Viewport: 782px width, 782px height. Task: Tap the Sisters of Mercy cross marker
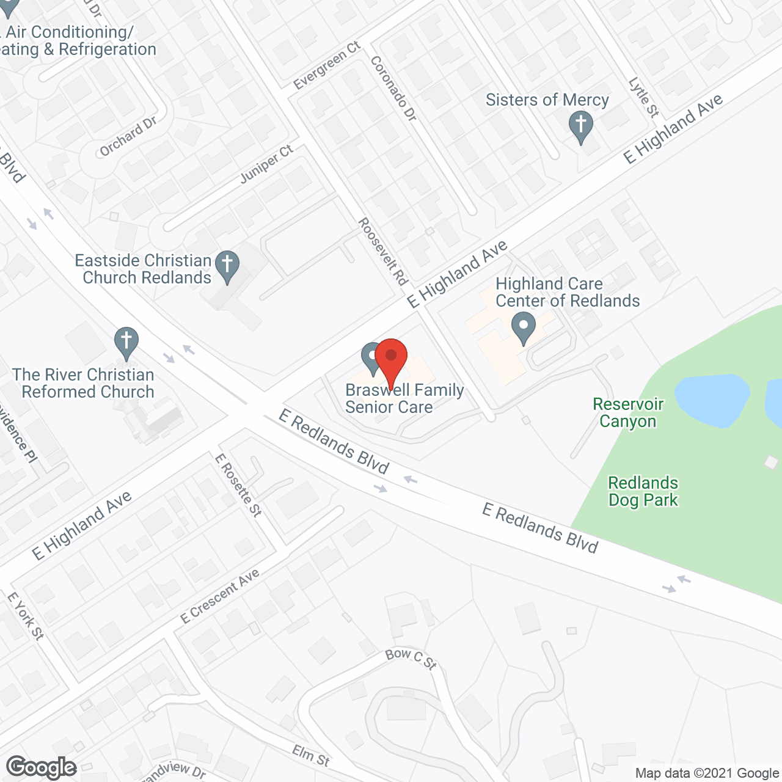click(580, 126)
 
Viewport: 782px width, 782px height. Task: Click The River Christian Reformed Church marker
click(126, 343)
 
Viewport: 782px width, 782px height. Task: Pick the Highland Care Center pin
click(523, 327)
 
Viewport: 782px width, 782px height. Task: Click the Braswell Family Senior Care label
click(404, 399)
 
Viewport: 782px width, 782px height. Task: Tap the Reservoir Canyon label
click(628, 413)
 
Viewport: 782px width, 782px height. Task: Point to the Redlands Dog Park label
click(643, 492)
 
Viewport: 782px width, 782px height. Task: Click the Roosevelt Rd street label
click(383, 252)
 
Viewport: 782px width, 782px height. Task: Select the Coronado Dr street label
click(393, 89)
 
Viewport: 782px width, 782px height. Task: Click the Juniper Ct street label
click(267, 164)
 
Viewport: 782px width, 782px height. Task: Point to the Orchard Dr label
click(128, 136)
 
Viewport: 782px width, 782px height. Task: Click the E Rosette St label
click(238, 485)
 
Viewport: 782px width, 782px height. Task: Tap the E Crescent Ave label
click(220, 596)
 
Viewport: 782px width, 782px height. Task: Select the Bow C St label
click(411, 658)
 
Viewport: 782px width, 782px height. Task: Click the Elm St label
click(311, 756)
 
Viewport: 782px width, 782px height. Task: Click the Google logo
click(42, 767)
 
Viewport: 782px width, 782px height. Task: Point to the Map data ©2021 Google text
click(707, 773)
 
